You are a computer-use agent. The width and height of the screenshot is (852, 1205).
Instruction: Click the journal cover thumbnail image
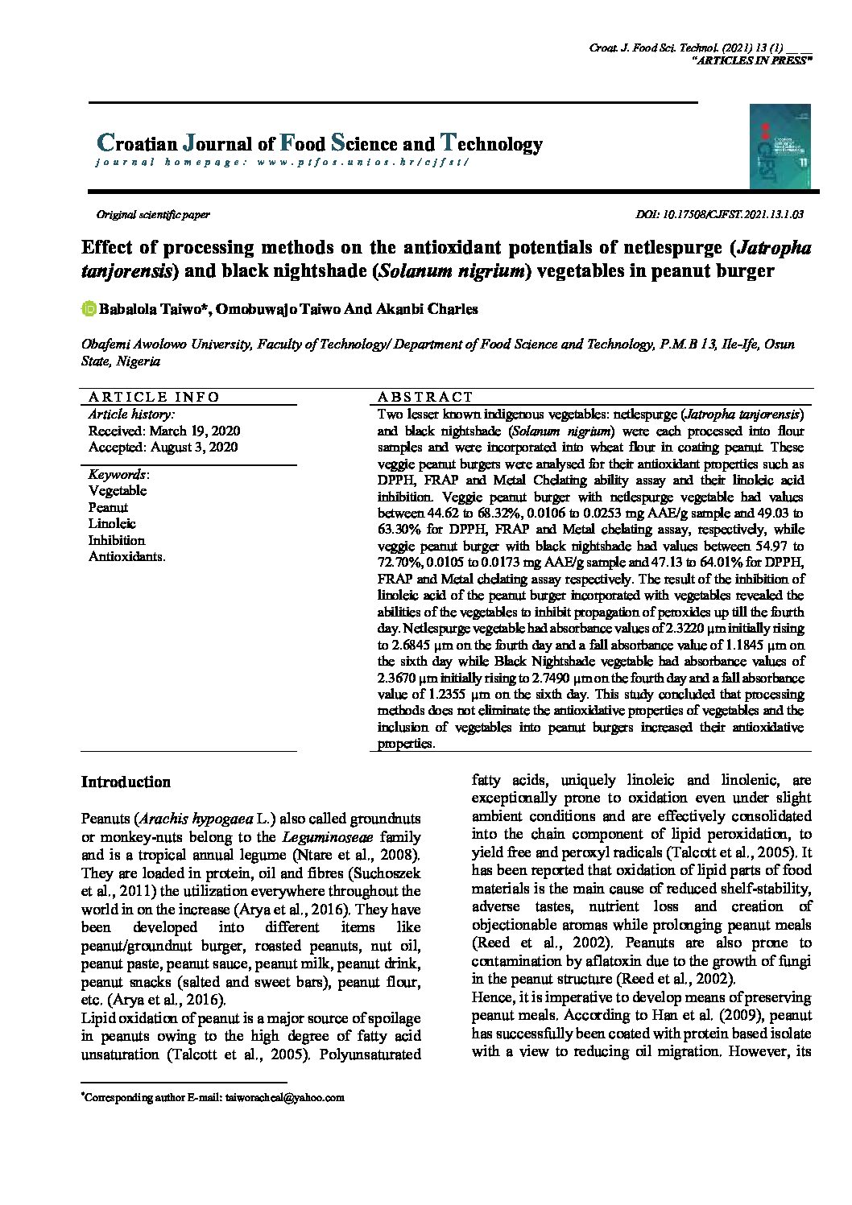[780, 146]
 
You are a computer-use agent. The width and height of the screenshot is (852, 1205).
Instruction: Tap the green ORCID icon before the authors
[89, 309]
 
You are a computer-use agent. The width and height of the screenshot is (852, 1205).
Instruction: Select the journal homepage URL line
[281, 162]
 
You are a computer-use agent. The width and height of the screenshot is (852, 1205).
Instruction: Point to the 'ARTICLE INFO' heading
[154, 397]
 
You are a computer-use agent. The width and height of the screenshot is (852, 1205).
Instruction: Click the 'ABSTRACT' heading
[425, 397]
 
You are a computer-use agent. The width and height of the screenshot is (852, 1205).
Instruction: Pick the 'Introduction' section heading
[126, 782]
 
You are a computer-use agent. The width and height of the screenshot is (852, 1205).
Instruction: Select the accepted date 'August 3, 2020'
[194, 447]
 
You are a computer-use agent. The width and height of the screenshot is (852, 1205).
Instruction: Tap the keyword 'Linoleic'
[112, 524]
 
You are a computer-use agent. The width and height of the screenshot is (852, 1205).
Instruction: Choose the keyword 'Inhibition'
[117, 540]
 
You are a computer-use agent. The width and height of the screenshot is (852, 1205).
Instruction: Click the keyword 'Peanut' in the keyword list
[108, 507]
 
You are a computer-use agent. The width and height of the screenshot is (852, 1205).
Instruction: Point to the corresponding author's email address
[284, 1097]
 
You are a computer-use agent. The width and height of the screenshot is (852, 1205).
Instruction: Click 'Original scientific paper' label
[153, 215]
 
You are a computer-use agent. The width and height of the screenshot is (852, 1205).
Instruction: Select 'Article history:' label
[130, 415]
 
